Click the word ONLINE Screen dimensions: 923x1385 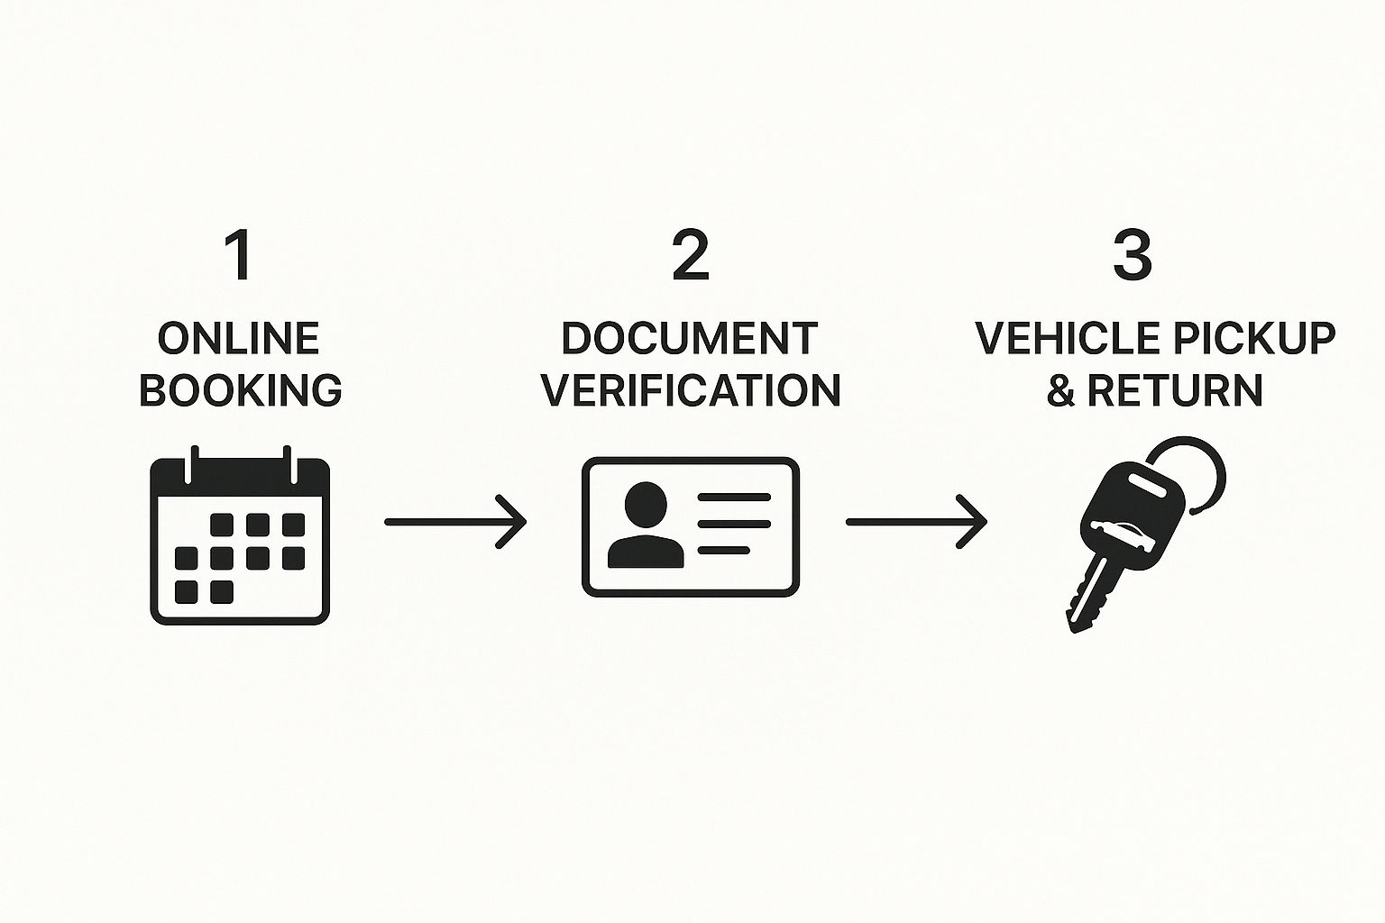pos(239,340)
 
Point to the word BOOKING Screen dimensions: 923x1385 pos(241,390)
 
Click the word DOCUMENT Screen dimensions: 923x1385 pos(690,339)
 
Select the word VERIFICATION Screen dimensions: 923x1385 pos(692,390)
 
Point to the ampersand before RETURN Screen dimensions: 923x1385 pos(1061,390)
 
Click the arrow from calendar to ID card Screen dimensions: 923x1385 pos(455,521)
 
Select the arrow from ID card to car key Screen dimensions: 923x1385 pos(916,521)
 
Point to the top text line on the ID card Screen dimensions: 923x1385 pos(734,498)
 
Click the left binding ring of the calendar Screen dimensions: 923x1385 pos(189,461)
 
